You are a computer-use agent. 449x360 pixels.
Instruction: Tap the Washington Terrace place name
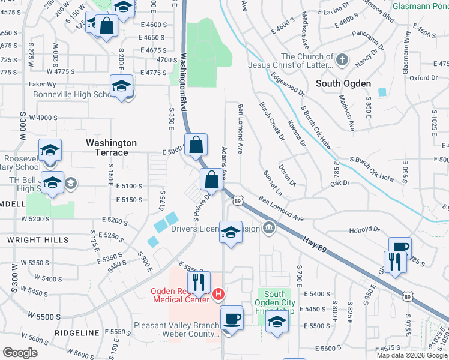point(111,148)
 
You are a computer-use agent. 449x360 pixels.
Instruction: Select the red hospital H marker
point(219,295)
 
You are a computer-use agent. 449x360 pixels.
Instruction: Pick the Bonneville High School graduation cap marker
point(121,86)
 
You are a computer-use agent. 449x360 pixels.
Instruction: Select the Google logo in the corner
point(20,353)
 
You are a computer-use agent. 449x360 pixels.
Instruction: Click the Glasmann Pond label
point(420,7)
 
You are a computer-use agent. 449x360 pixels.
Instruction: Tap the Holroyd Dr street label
point(365,229)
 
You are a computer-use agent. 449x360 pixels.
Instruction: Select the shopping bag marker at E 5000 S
point(196,145)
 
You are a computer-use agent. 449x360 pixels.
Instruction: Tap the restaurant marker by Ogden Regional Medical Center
point(199,281)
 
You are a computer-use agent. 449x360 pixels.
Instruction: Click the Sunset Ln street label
point(273,182)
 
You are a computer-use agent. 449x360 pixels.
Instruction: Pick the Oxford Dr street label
point(424,78)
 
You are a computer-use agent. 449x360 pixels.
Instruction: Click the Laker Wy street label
point(43,85)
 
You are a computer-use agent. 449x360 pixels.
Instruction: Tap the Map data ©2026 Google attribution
point(412,355)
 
